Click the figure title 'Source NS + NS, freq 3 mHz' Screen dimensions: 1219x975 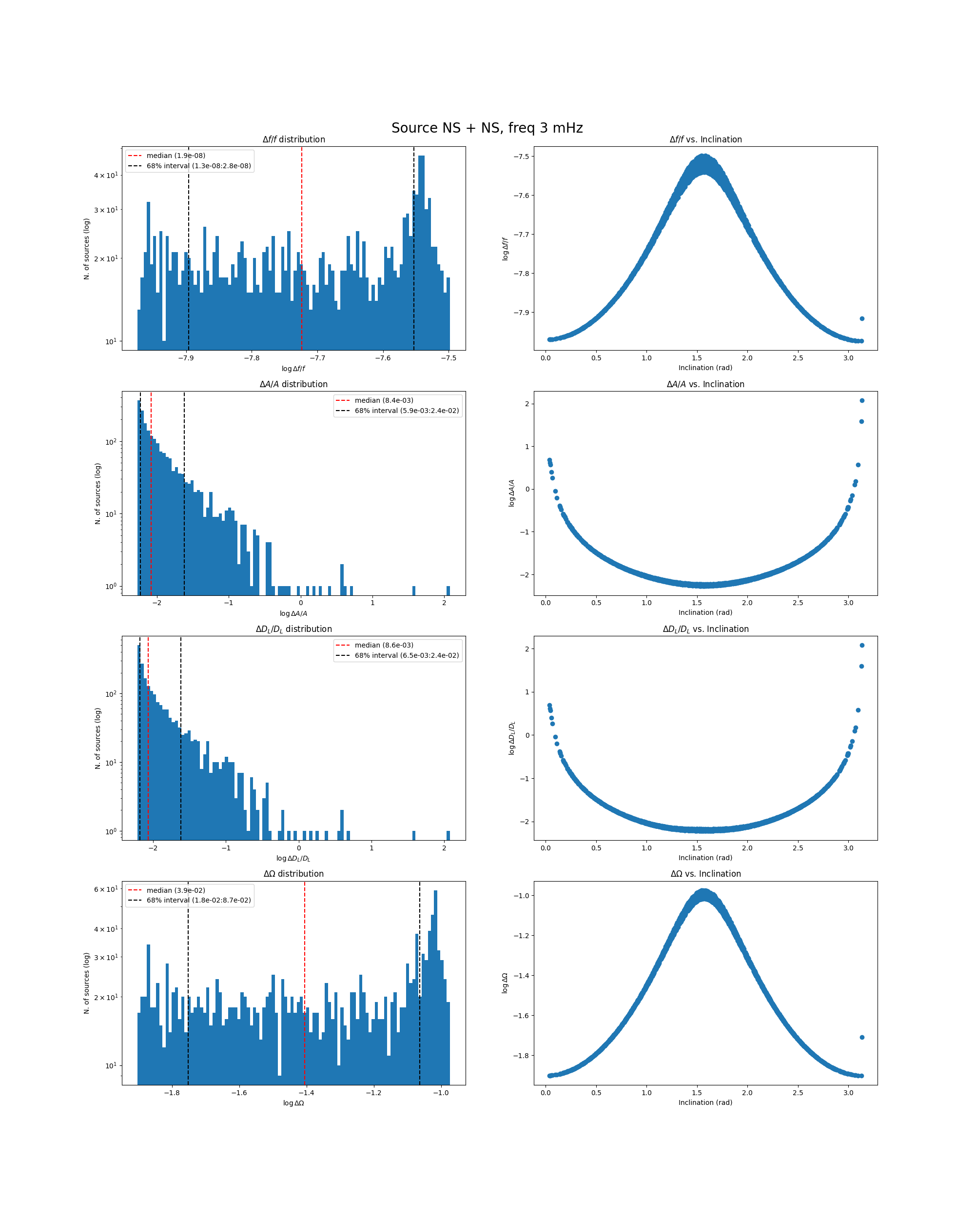click(487, 128)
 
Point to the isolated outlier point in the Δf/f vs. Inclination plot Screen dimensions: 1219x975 click(861, 319)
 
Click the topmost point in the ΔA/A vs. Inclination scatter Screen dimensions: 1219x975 click(861, 400)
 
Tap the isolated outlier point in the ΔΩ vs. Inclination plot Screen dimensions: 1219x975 click(861, 1038)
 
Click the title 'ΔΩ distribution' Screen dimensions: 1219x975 click(293, 874)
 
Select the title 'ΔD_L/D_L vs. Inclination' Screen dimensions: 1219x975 click(705, 629)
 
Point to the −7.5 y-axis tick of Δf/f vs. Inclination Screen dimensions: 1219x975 click(521, 157)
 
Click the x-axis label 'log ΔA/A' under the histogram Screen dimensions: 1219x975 click(293, 613)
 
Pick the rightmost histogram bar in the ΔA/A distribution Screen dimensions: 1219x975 click(448, 590)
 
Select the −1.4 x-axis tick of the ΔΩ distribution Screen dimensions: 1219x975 click(306, 1092)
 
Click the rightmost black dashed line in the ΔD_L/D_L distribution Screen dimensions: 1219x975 click(181, 735)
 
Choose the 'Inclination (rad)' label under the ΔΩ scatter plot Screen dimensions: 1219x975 click(705, 1102)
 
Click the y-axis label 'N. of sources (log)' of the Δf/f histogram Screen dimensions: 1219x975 click(86, 249)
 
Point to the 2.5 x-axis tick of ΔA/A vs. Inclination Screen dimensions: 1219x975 click(798, 603)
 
